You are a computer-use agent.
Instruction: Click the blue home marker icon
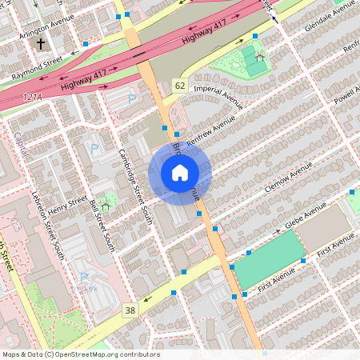tap(180, 172)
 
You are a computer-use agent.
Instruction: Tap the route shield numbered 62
tap(179, 86)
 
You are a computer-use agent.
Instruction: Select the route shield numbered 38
tap(130, 309)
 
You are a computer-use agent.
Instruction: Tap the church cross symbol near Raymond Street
tap(41, 45)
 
